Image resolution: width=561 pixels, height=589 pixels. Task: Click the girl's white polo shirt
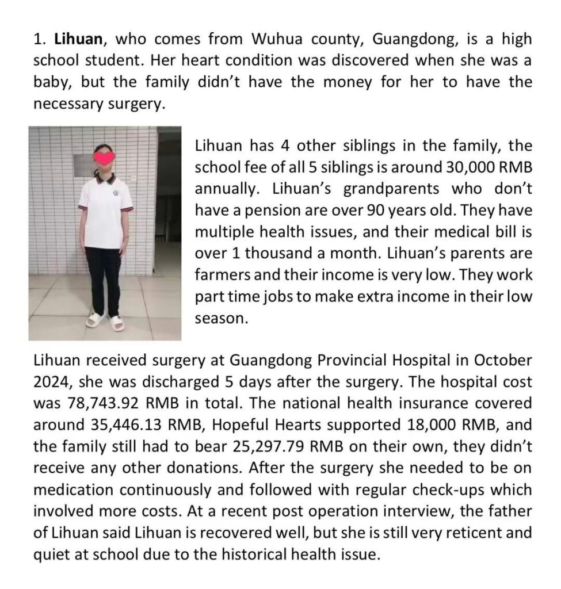click(105, 213)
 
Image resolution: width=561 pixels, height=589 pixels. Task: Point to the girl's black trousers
click(104, 276)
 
